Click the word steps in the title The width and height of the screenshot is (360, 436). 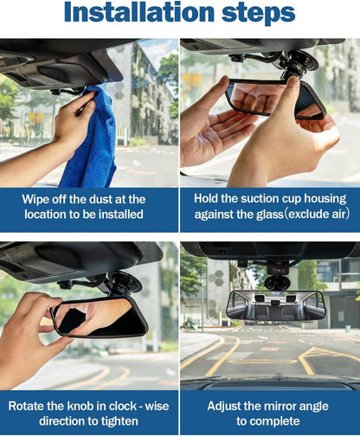point(259,14)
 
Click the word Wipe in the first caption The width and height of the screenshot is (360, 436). point(34,200)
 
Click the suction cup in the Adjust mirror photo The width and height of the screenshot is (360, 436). point(278,283)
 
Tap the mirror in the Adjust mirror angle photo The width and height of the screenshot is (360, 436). point(276,305)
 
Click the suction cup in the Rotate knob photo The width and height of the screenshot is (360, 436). point(125,282)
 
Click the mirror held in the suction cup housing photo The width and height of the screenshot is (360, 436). point(275,99)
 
